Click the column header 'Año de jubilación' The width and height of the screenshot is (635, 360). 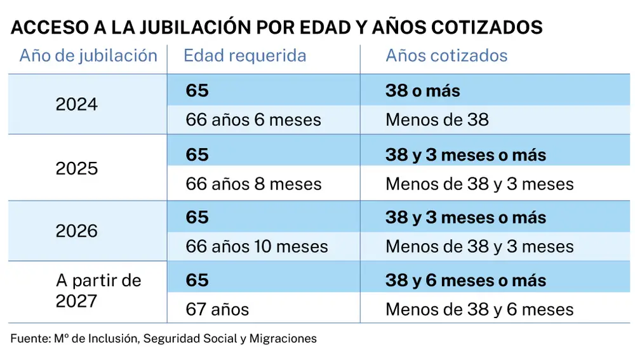[88, 56]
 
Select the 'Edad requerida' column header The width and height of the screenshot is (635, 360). [244, 56]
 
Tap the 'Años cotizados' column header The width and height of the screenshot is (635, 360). [446, 56]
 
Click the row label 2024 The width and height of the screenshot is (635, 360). [77, 105]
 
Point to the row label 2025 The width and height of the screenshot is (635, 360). [77, 168]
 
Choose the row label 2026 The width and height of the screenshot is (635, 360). [77, 231]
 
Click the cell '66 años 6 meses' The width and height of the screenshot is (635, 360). [253, 120]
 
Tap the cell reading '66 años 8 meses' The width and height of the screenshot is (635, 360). [253, 184]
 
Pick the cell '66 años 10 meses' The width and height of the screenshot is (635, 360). [257, 247]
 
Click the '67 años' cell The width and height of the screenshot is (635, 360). [217, 310]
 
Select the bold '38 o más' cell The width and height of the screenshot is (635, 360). [422, 91]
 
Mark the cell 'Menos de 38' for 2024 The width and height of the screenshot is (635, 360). [437, 120]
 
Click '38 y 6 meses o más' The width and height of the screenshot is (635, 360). [465, 281]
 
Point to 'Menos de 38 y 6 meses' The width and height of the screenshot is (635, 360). [479, 310]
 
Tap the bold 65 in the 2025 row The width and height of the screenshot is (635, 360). [197, 155]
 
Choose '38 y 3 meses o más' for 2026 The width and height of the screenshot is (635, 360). [465, 218]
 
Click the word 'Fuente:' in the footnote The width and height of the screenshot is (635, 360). [28, 339]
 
